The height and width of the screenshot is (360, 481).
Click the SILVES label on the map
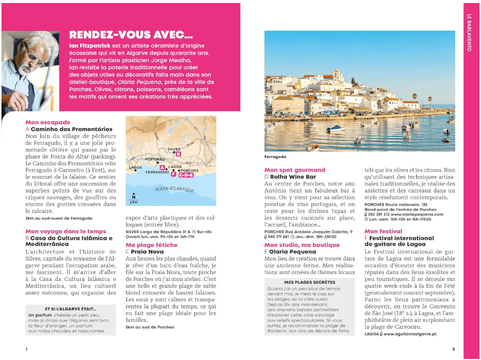pos(174,149)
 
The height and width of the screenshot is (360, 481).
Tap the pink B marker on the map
pos(179,155)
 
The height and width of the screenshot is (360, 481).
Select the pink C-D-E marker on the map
pos(186,175)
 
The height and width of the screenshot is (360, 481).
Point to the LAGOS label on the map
pos(135,168)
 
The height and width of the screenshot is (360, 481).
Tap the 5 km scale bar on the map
pos(133,200)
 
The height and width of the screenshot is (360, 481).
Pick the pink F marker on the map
pos(173,174)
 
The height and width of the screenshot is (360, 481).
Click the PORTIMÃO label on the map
pos(154,159)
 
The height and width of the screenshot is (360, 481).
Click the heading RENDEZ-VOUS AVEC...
pos(131,35)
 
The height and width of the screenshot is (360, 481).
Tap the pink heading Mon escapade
pos(48,122)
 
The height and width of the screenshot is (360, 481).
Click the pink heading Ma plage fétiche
pos(151,245)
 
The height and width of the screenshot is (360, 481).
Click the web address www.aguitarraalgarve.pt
pos(408,335)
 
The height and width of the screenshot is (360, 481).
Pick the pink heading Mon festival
pos(384,231)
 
